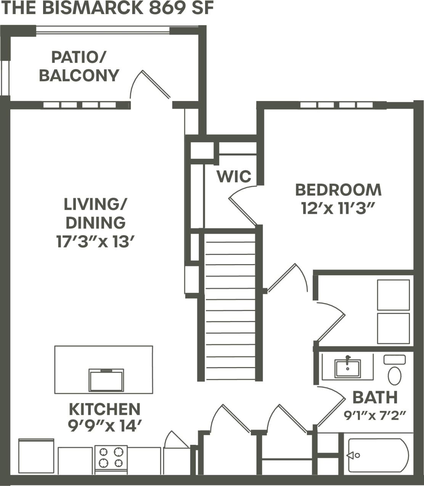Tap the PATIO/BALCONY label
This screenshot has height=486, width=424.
[79, 66]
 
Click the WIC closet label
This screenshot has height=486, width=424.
[234, 176]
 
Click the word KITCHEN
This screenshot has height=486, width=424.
[104, 409]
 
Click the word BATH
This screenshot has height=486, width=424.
[375, 398]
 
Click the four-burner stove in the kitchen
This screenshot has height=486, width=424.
[111, 457]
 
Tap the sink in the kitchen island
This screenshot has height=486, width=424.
[106, 380]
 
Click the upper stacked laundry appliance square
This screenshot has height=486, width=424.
[393, 295]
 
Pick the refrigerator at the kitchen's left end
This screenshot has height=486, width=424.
[36, 456]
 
